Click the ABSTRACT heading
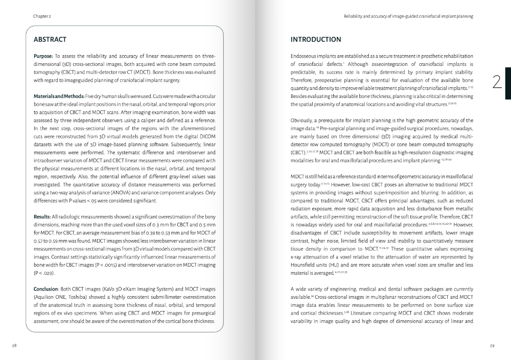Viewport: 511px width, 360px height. pyautogui.click(x=50, y=39)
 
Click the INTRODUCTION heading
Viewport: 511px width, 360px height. pyautogui.click(x=315, y=39)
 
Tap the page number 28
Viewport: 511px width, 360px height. pyautogui.click(x=15, y=346)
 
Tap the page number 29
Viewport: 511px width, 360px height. pyautogui.click(x=492, y=346)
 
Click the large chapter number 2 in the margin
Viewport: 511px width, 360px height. pyautogui.click(x=495, y=82)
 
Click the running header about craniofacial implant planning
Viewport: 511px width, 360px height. pyautogui.click(x=408, y=16)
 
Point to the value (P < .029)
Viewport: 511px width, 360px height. pyautogui.click(x=44, y=273)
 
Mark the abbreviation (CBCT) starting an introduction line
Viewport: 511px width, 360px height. pyautogui.click(x=300, y=152)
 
